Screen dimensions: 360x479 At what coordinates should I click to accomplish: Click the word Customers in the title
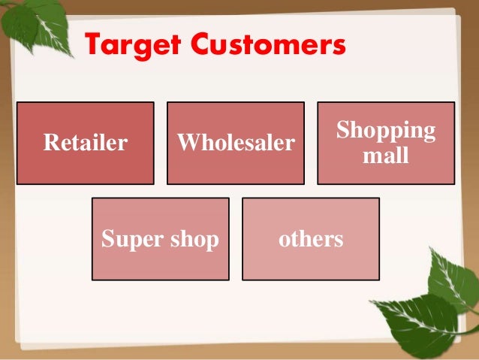point(270,46)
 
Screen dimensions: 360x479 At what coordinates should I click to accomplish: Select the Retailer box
point(85,143)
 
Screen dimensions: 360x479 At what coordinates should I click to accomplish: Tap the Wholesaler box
point(235,143)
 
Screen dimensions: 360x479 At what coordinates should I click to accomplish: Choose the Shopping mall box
point(385,143)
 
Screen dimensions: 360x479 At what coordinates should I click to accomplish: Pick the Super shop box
point(160,239)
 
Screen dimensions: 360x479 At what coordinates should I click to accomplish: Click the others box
point(310,239)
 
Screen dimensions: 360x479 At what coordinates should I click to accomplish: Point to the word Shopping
point(385,130)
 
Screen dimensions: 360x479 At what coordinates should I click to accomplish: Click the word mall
point(385,156)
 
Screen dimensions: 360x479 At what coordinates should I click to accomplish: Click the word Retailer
point(85,143)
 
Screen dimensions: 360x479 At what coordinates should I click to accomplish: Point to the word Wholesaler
point(235,143)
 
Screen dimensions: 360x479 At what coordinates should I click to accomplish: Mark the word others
point(310,240)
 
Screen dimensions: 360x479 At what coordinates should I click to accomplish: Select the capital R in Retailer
point(50,143)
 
